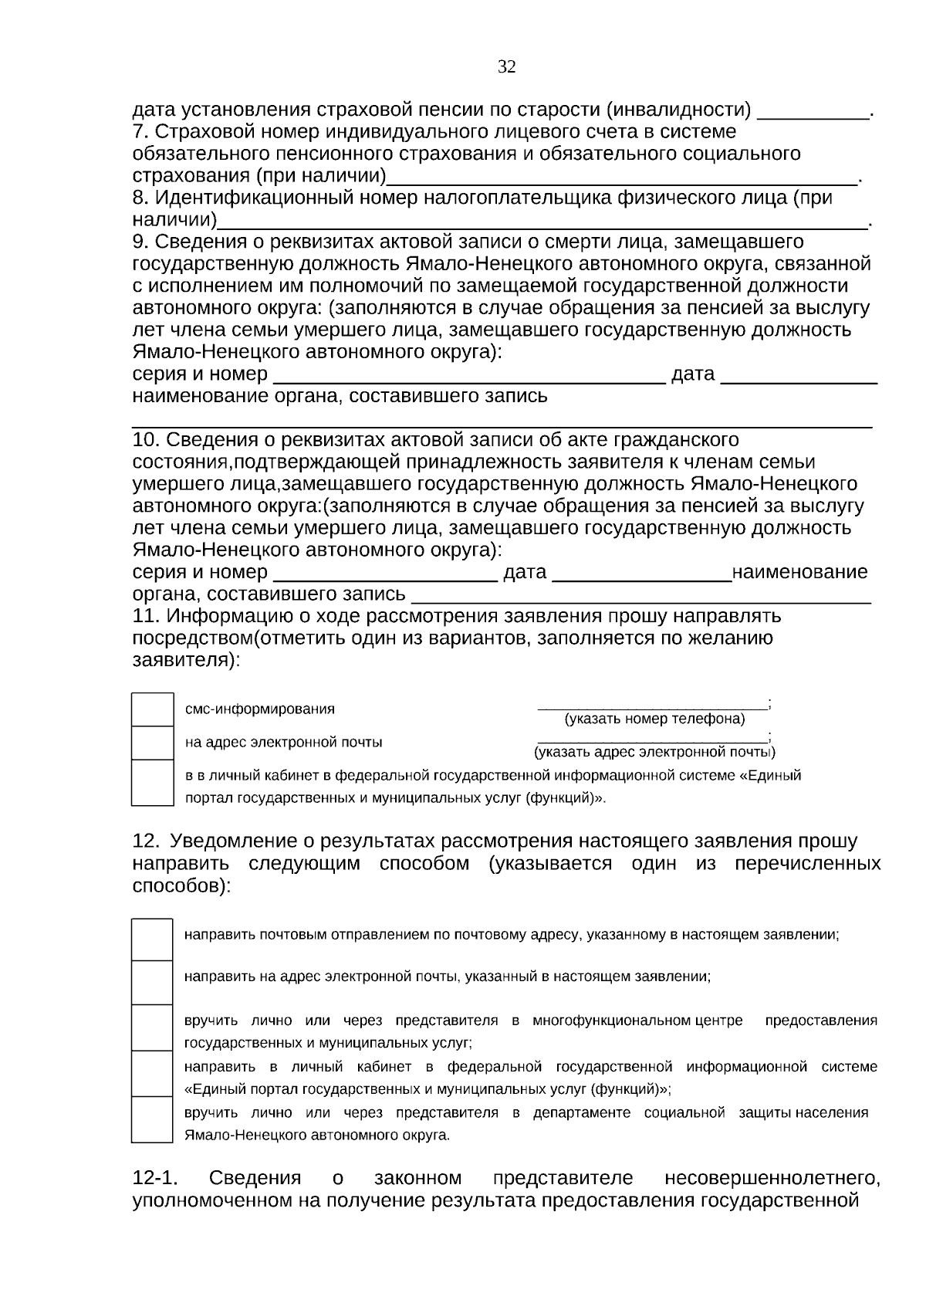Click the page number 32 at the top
pos(506,67)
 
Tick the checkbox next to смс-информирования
pos(152,709)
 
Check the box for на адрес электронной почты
pos(152,743)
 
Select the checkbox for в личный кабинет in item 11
pos(152,783)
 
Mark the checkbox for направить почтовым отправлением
pos(152,939)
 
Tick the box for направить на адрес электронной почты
pos(152,982)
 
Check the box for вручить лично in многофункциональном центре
pos(152,1027)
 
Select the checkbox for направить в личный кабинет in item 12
pos(152,1073)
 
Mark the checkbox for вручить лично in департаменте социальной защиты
pos(152,1119)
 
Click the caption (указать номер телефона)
pos(654,719)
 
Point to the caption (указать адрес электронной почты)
pos(654,752)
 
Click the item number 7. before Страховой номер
pos(141,132)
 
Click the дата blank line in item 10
pos(642,577)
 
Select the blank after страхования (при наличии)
pos(621,181)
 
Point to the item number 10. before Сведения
pos(146,440)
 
